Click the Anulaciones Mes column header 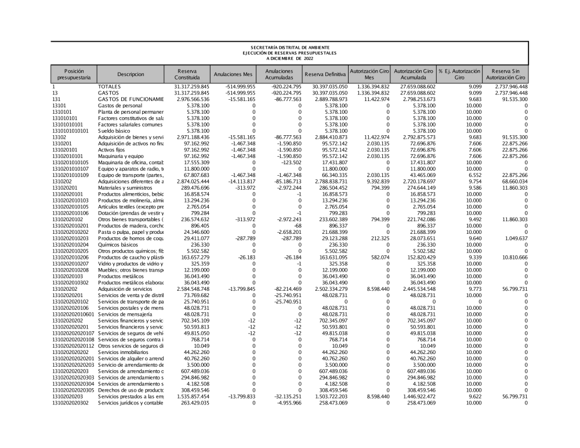click(x=233, y=74)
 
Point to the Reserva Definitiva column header click(x=325, y=74)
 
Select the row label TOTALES click(x=109, y=86)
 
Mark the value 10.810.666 click(x=511, y=257)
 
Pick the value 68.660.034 click(x=511, y=182)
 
